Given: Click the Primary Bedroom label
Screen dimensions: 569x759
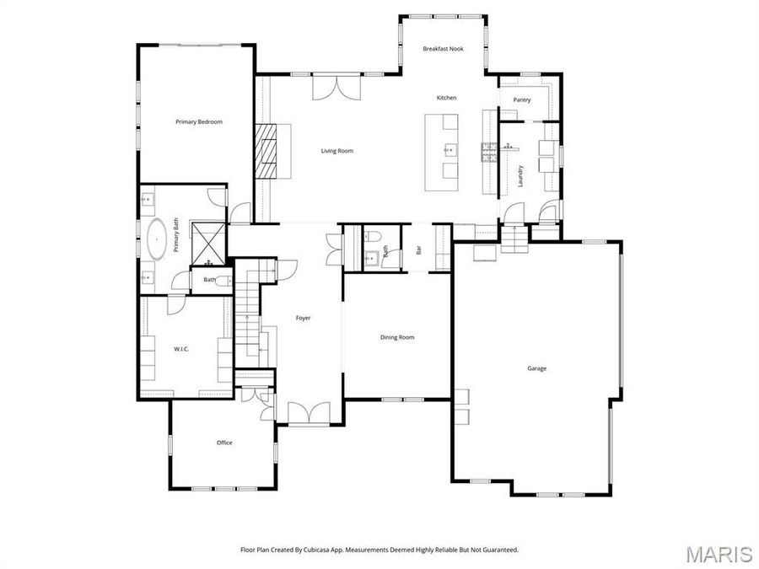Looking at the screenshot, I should [199, 122].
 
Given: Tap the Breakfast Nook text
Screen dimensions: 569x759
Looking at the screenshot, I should [443, 49].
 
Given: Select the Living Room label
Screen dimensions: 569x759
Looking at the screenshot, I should [336, 151].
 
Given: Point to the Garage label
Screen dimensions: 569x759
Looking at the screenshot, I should [536, 368].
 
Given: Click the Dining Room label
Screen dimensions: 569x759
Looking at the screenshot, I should [396, 337].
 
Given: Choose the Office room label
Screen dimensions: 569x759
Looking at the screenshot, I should [223, 443].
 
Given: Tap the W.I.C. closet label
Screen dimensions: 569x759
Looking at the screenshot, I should [181, 349].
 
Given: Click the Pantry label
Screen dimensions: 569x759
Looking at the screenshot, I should [522, 99].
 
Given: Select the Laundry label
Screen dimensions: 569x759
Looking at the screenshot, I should [521, 175].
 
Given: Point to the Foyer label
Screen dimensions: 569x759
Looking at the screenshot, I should [303, 318].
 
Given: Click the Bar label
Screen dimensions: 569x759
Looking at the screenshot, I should [417, 250].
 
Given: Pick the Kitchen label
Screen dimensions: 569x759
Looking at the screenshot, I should [446, 98].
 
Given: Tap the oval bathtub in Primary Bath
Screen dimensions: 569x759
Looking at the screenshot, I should [158, 238].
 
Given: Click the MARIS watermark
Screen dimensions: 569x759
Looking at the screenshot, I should [719, 553].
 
